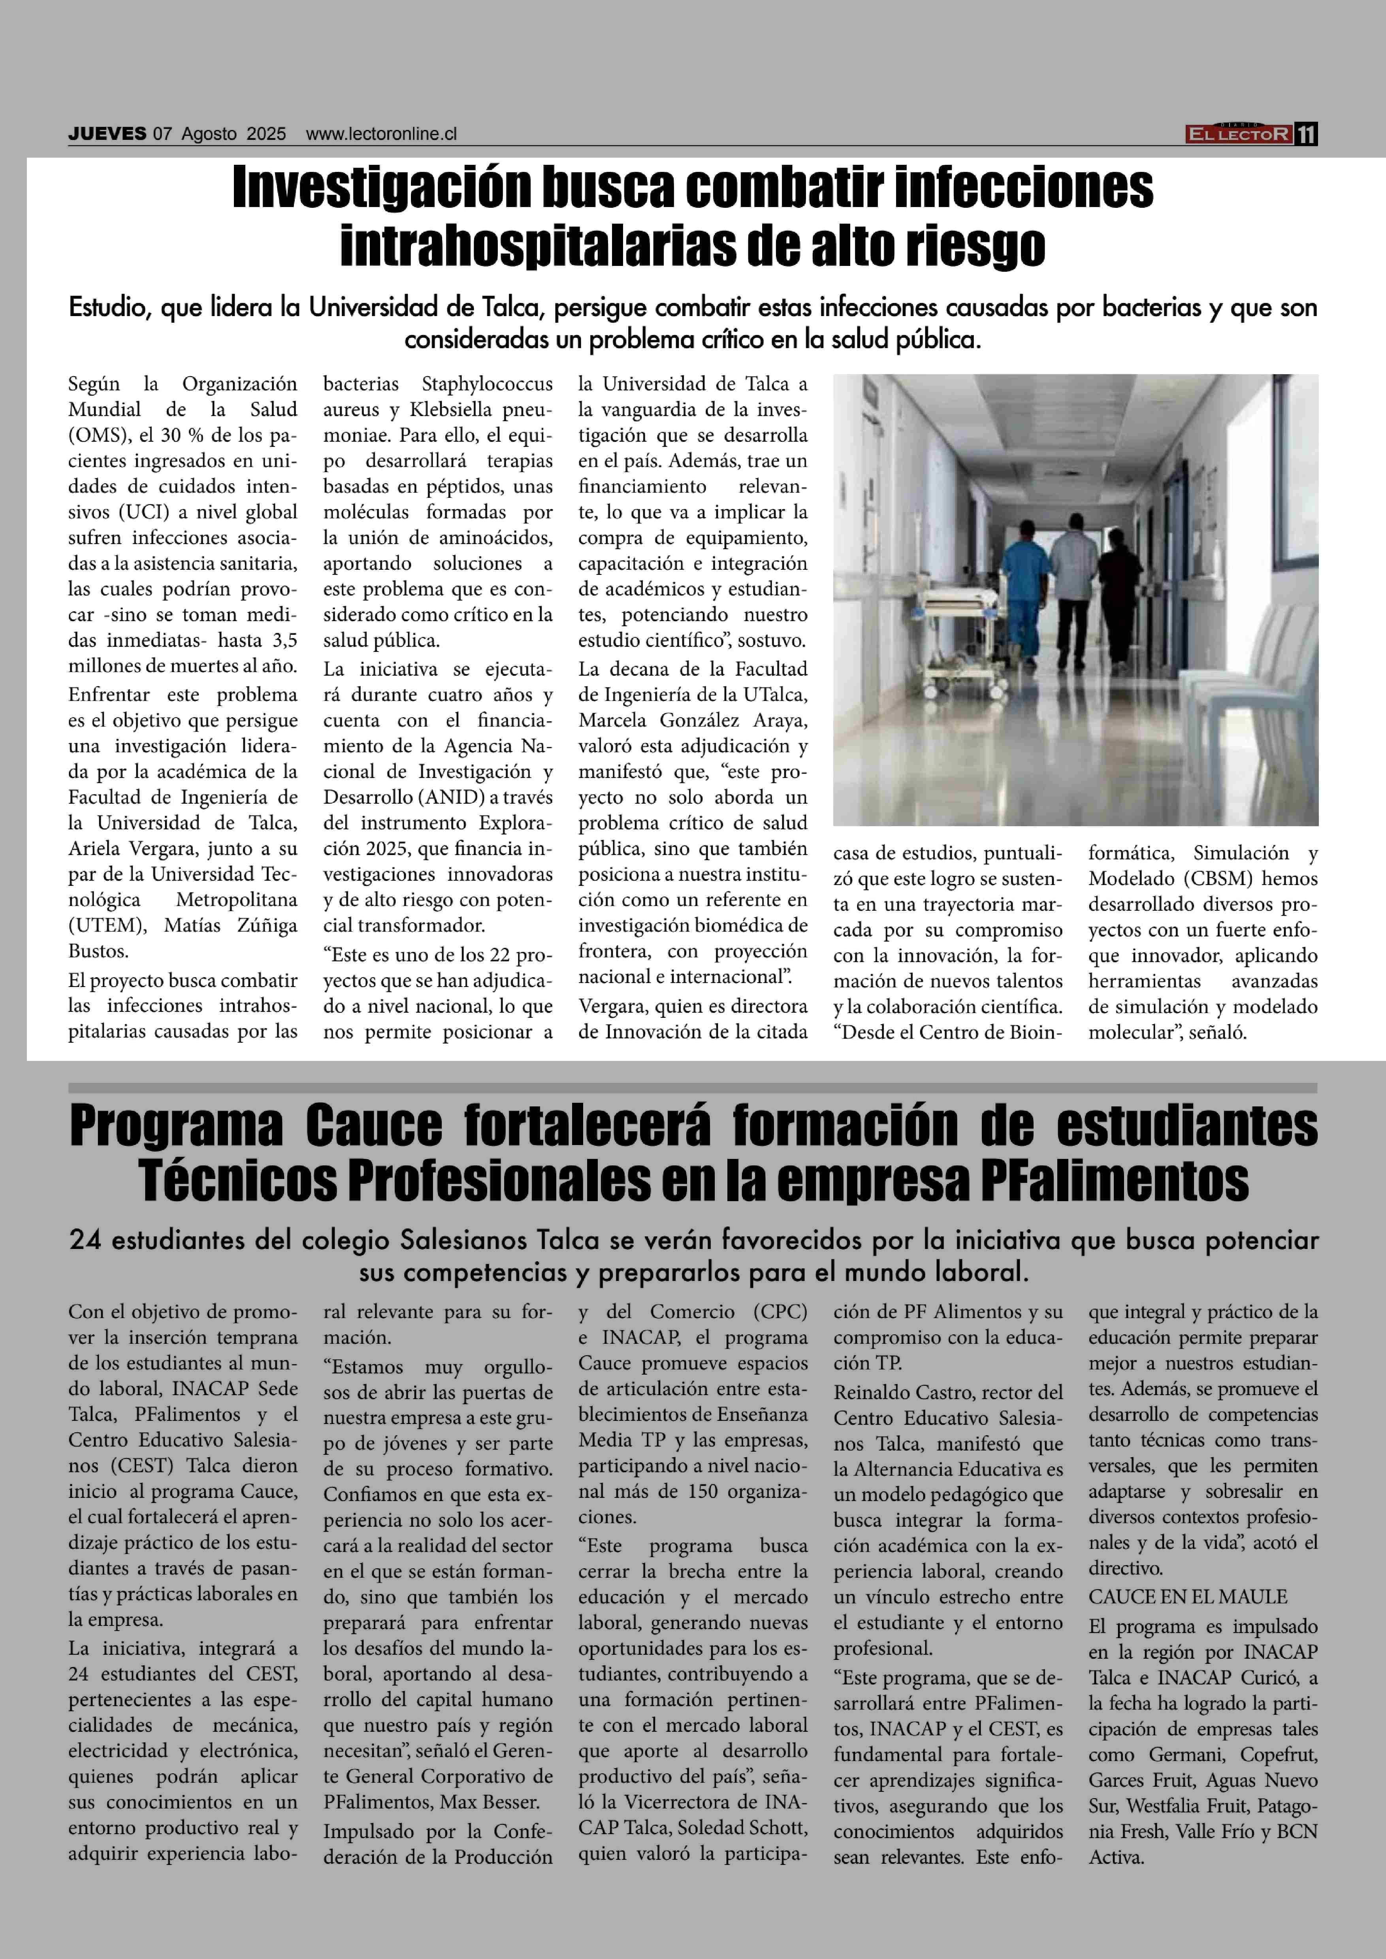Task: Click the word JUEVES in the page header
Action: click(107, 134)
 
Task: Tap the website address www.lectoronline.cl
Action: click(382, 134)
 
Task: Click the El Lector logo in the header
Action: click(1238, 134)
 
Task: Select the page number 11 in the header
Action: click(1307, 134)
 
